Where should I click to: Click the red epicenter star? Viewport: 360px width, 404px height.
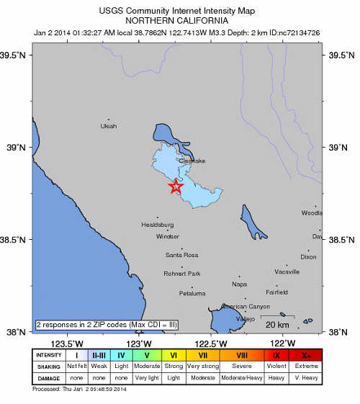176,187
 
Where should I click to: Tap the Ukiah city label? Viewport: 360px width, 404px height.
108,126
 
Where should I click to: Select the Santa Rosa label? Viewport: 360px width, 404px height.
181,255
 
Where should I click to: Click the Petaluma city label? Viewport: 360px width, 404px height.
192,293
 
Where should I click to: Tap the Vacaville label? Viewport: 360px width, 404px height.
287,271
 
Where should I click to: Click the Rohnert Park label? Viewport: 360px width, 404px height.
184,274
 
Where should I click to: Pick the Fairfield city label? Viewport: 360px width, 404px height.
277,292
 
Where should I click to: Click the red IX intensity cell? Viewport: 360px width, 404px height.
276,354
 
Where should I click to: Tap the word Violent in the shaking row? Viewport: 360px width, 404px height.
276,366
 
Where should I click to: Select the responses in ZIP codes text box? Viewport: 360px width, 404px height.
107,325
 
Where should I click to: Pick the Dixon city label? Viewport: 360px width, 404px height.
308,256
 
